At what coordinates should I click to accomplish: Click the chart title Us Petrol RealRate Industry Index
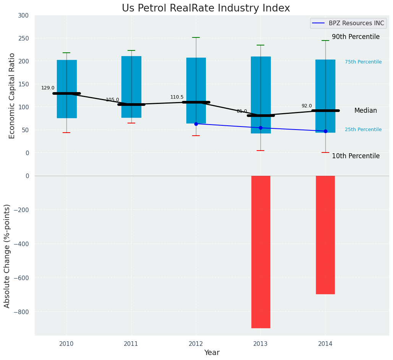[206, 8]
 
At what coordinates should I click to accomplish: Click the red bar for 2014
[325, 235]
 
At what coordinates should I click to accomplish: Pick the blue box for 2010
[67, 73]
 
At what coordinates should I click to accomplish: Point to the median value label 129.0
[48, 88]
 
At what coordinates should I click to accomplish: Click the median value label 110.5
[177, 97]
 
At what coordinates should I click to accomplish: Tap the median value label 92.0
[307, 106]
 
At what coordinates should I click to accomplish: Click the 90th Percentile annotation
[356, 37]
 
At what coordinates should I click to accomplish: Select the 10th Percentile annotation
[356, 156]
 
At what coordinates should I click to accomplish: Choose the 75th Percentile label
[363, 62]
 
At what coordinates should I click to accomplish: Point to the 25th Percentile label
[363, 130]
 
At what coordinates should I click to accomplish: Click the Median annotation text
[366, 110]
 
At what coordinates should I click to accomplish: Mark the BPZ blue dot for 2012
[196, 124]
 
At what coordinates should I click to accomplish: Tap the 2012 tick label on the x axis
[196, 344]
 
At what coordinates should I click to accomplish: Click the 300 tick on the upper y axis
[23, 15]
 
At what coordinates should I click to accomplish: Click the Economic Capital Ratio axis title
[12, 96]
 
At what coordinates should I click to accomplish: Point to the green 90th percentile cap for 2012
[196, 37]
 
